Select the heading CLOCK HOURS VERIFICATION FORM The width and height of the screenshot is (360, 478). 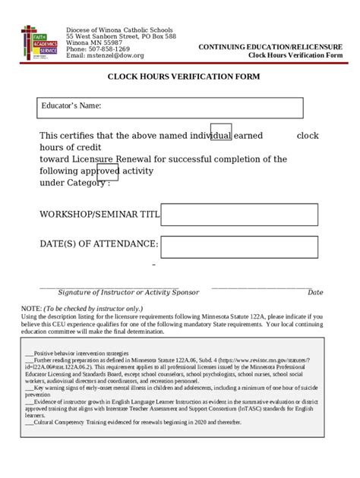coord(183,77)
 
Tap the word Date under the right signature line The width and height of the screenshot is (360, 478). coord(315,292)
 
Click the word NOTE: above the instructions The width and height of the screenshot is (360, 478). coord(31,309)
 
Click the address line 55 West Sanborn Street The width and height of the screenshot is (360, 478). coord(121,36)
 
